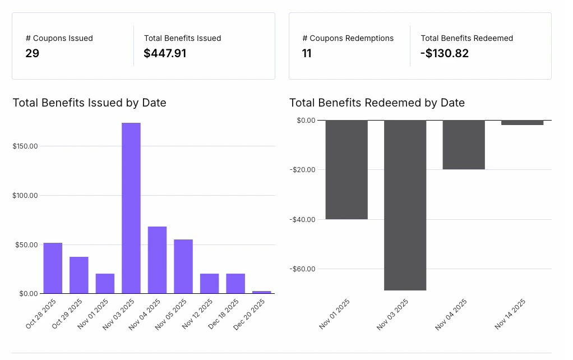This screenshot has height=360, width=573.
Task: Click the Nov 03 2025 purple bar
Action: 131,207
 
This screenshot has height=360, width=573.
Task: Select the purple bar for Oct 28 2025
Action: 53,268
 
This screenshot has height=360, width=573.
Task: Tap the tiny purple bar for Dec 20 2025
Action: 262,292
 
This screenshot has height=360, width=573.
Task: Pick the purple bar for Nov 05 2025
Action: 183,266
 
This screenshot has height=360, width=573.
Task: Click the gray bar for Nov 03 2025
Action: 405,205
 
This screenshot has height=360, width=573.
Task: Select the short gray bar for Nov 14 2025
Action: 522,122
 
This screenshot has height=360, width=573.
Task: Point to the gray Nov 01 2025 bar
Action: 346,169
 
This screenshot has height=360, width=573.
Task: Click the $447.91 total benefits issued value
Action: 165,54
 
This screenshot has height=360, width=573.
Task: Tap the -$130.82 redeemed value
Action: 445,54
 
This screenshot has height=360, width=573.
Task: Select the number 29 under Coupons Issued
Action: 32,54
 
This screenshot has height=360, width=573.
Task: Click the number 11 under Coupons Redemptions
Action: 307,54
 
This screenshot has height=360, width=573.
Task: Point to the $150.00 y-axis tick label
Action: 25,146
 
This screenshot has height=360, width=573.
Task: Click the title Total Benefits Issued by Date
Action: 90,103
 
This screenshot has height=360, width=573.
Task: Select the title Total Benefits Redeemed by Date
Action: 377,103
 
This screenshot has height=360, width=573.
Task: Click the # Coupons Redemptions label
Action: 348,39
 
